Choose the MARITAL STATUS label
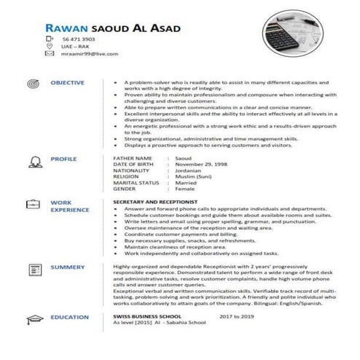click(x=136, y=182)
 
